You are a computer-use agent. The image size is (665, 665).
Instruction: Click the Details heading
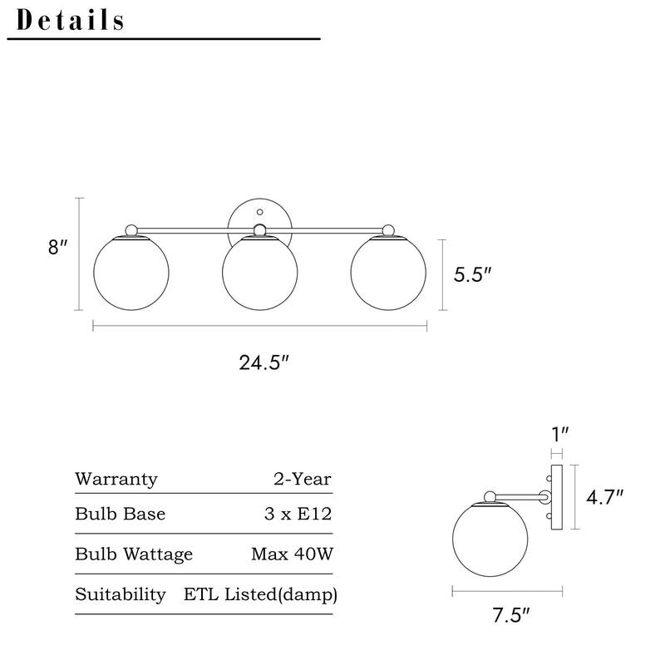71,20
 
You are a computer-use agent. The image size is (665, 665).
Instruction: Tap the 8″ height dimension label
57,248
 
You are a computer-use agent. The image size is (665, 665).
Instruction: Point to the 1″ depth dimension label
559,433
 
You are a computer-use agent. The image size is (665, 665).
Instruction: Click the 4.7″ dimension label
604,497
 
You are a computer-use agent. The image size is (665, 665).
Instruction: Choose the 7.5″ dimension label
510,616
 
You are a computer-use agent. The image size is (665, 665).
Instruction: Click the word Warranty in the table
116,479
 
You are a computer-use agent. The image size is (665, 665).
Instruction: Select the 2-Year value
302,479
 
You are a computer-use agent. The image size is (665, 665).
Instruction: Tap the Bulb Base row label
120,514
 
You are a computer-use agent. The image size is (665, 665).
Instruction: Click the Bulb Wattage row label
134,554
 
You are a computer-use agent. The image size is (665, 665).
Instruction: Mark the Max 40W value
292,554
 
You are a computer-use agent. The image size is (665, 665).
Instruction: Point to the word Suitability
120,594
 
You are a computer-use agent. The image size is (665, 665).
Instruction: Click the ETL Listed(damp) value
260,594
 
